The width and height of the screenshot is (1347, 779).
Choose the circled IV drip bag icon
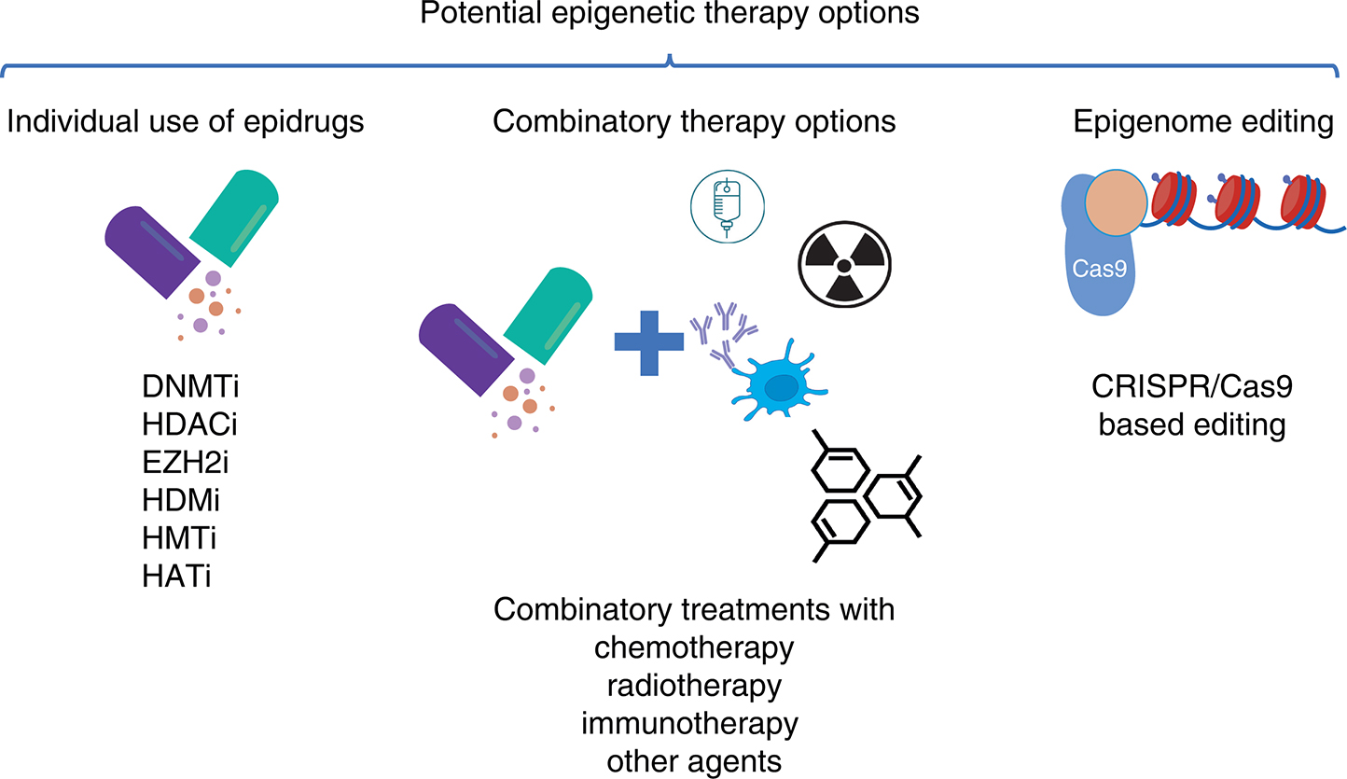click(726, 205)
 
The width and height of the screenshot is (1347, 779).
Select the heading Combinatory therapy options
click(695, 122)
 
